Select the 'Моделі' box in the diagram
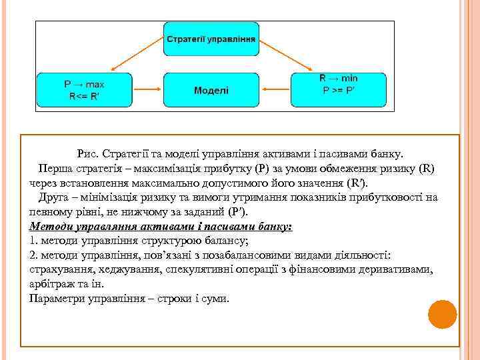(210, 90)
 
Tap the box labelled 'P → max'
(83, 85)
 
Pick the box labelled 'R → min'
(339, 79)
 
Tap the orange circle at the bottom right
(441, 314)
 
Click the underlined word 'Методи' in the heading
(51, 226)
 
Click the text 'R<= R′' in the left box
(83, 95)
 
